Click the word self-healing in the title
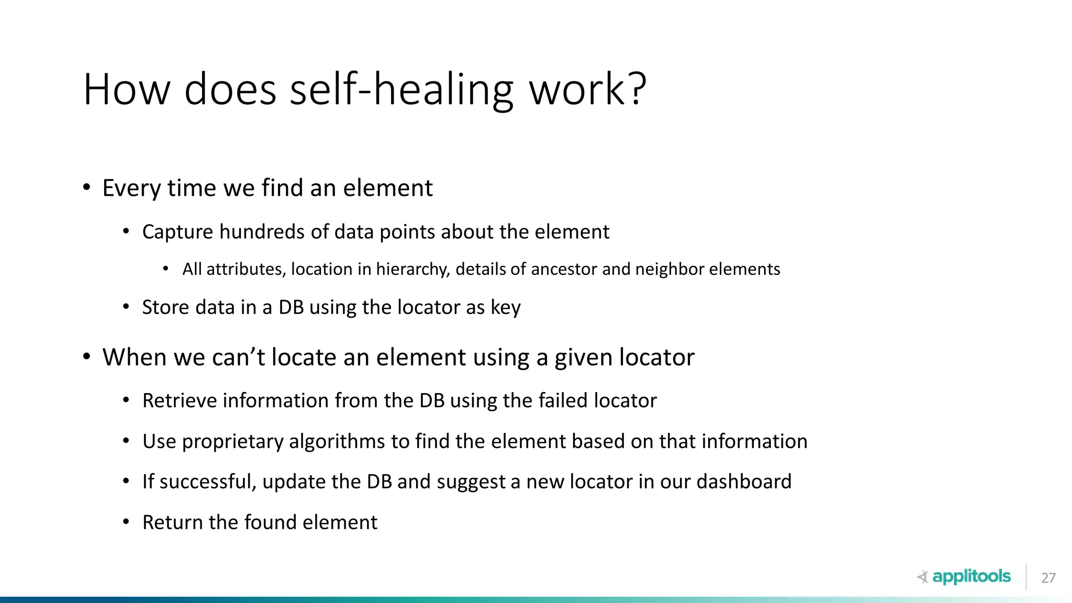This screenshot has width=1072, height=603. (x=401, y=90)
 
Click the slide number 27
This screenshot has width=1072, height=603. (x=1048, y=578)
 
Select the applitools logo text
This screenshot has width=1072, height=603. (x=971, y=576)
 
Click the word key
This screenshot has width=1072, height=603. (x=505, y=308)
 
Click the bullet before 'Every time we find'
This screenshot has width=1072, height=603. (x=87, y=187)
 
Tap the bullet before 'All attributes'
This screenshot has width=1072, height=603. (x=166, y=269)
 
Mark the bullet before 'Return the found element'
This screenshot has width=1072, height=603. (x=126, y=522)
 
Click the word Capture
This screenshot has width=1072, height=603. (x=177, y=232)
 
